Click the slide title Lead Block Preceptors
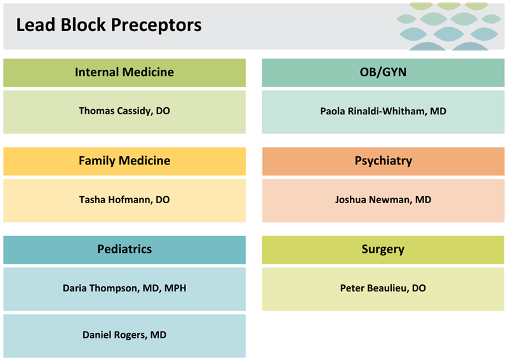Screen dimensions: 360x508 pos(109,25)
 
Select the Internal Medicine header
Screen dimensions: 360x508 pos(124,72)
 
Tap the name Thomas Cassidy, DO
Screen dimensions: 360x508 pos(124,110)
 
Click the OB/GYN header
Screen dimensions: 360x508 pos(383,72)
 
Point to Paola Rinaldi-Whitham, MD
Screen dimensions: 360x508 pos(383,111)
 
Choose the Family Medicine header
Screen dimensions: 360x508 pos(124,161)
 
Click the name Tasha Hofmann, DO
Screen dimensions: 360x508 pos(124,199)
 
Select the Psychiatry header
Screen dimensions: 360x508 pos(383,161)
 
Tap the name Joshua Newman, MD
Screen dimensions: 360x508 pos(383,199)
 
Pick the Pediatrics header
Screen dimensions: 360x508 pos(124,249)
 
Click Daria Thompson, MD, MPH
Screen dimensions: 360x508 pos(124,288)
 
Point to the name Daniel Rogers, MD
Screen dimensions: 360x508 pos(124,335)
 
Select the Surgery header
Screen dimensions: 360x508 pos(383,249)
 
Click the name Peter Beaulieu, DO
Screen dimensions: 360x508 pos(383,288)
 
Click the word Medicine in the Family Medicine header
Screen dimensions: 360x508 pos(147,161)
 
